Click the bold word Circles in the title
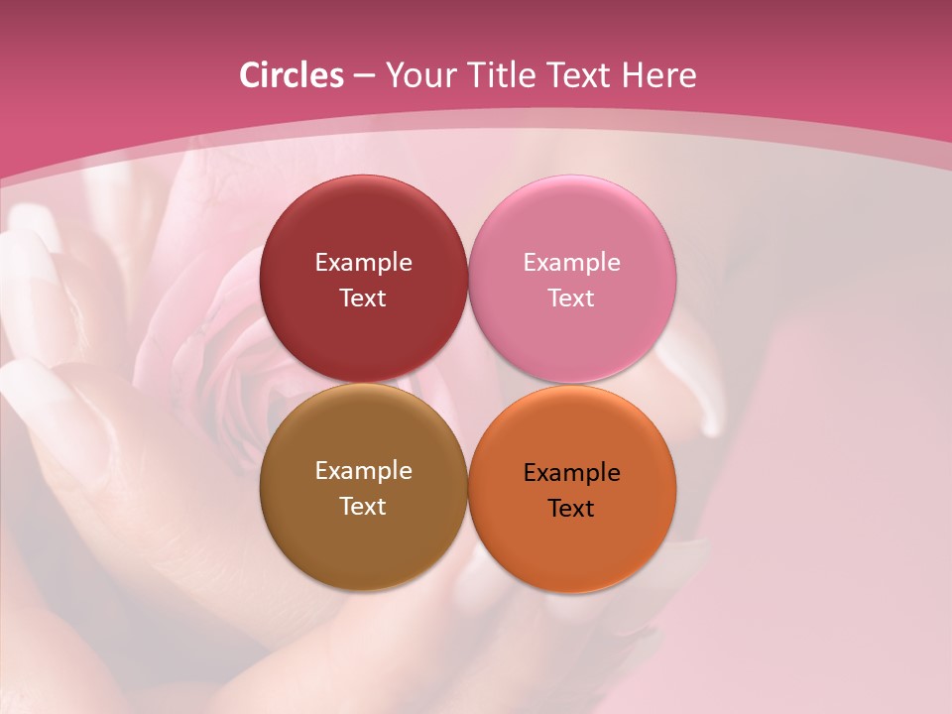coord(291,75)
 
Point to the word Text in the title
coord(580,75)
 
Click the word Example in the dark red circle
coord(363,263)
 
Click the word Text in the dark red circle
coord(363,298)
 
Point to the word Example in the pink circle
coord(571,263)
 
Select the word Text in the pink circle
coord(571,298)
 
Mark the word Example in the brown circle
coord(363,471)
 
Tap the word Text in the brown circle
coord(363,507)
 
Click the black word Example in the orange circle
coord(571,473)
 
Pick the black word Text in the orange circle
coord(571,509)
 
